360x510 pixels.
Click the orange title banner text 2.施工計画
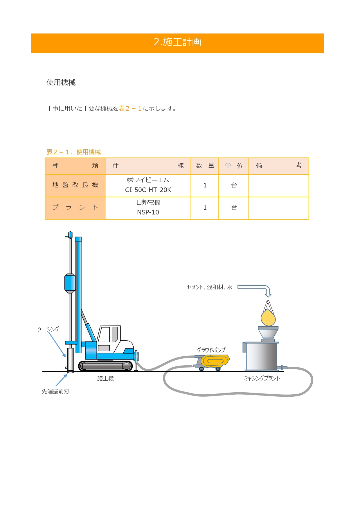[x=177, y=42]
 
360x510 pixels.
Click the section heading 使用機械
[x=61, y=83]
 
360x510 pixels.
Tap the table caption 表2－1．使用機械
[x=73, y=152]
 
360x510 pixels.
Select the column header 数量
[x=205, y=166]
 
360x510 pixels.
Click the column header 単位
[x=234, y=166]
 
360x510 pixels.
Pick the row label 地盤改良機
[x=75, y=185]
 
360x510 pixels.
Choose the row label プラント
[x=75, y=207]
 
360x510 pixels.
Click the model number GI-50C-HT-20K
[x=148, y=190]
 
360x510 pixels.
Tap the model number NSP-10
[x=148, y=212]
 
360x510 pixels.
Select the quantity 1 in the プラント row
[x=205, y=208]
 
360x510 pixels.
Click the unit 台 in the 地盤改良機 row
[x=234, y=185]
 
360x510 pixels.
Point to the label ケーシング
[x=48, y=329]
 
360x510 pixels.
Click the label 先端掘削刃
[x=55, y=391]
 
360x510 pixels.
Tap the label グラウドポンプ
[x=211, y=350]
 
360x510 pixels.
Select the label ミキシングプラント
[x=262, y=378]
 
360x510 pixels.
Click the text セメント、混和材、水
[x=210, y=287]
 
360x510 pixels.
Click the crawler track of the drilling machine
[x=105, y=366]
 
